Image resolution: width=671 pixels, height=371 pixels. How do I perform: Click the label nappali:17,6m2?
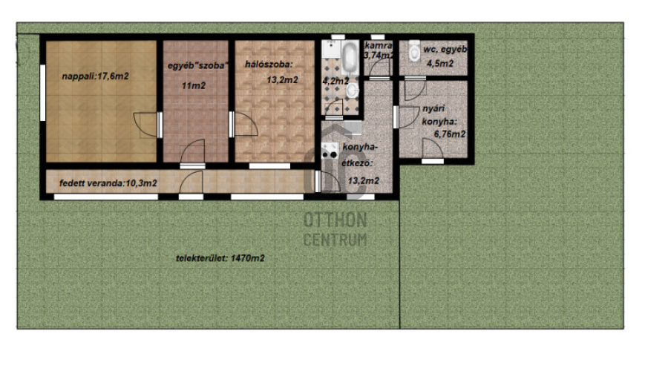click(x=95, y=76)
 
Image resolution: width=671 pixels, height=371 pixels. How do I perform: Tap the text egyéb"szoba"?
click(x=197, y=66)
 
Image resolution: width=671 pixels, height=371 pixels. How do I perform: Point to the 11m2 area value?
click(x=194, y=85)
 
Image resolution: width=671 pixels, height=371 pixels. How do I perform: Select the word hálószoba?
click(x=268, y=65)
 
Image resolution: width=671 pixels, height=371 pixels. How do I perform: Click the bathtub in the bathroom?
click(x=350, y=58)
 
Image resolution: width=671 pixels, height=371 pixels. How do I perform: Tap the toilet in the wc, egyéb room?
click(x=414, y=51)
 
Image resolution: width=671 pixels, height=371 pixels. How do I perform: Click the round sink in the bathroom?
click(x=352, y=91)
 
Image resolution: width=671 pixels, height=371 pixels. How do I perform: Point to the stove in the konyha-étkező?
click(x=330, y=150)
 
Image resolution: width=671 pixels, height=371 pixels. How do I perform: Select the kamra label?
click(x=379, y=45)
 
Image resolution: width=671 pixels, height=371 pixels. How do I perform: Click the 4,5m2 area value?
click(x=440, y=63)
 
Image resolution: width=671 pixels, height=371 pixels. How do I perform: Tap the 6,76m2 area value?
click(x=449, y=134)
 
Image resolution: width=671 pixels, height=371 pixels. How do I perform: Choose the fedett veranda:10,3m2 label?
click(x=108, y=183)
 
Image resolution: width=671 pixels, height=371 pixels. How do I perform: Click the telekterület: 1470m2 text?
click(x=220, y=258)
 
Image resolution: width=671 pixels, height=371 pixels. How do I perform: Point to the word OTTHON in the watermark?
click(x=335, y=220)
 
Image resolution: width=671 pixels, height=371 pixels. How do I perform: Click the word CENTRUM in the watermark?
click(x=335, y=240)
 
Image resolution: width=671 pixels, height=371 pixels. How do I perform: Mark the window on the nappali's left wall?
click(x=42, y=93)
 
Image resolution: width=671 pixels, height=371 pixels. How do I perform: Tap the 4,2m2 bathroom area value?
click(x=335, y=81)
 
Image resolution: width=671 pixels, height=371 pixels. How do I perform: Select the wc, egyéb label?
click(x=445, y=49)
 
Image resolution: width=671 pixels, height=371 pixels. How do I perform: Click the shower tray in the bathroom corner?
click(x=331, y=49)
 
